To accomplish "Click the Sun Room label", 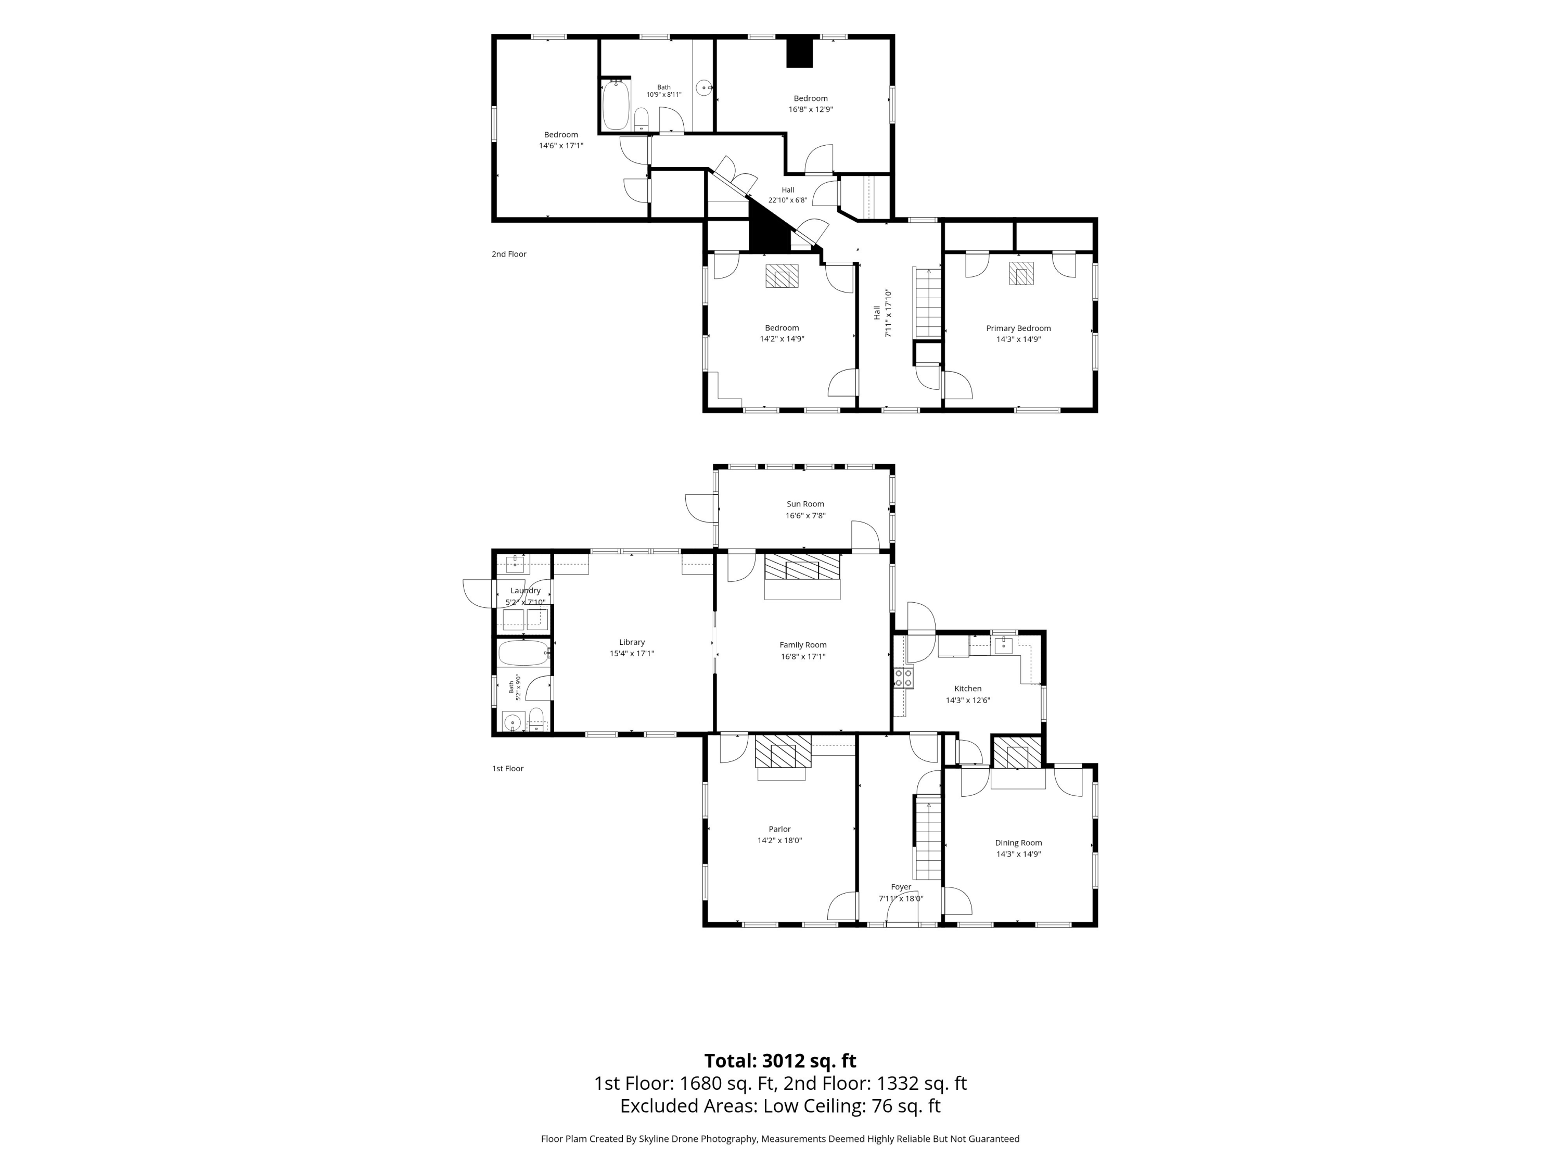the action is click(805, 504).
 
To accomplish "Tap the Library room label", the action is click(632, 642).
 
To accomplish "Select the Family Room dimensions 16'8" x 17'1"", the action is click(803, 656).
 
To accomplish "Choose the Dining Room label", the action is click(1018, 842).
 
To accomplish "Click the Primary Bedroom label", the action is click(1018, 328).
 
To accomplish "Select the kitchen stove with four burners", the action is click(903, 678).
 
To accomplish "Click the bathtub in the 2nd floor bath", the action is click(616, 105).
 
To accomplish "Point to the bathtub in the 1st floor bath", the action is click(523, 653).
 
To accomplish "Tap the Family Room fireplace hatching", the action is click(802, 566).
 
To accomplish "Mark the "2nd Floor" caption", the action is click(509, 254).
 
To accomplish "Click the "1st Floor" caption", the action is click(507, 769).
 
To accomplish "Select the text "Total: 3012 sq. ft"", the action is click(780, 1061).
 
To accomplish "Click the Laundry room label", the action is click(525, 591).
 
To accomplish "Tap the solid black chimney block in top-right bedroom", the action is click(800, 52).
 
